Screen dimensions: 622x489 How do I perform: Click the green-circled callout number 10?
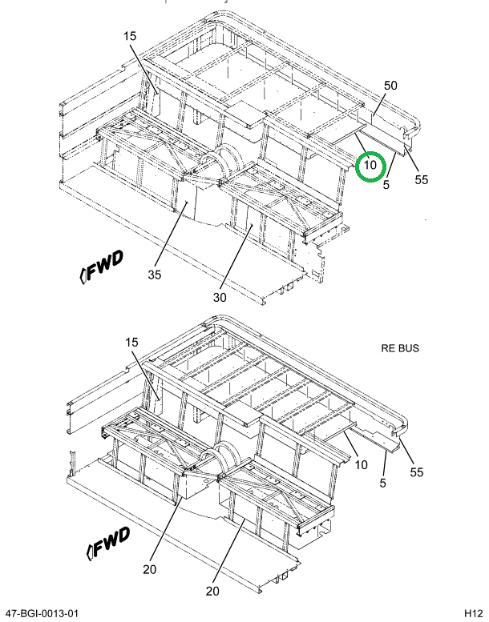point(370,166)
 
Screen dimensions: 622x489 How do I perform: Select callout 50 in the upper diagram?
point(390,86)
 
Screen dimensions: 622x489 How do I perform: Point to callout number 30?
point(220,297)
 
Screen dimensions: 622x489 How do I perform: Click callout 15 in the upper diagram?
point(131,35)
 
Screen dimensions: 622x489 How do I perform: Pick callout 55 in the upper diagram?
point(422,179)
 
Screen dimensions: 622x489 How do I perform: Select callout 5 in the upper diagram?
point(386,186)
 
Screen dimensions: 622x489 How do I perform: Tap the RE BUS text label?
point(399,348)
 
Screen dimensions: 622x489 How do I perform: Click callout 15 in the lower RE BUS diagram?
point(131,343)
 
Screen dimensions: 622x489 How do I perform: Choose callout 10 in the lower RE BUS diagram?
point(362,465)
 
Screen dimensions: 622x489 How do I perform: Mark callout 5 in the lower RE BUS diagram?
point(383,482)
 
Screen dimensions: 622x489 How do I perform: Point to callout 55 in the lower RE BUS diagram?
point(417,472)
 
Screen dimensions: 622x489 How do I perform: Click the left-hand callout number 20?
point(148,570)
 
